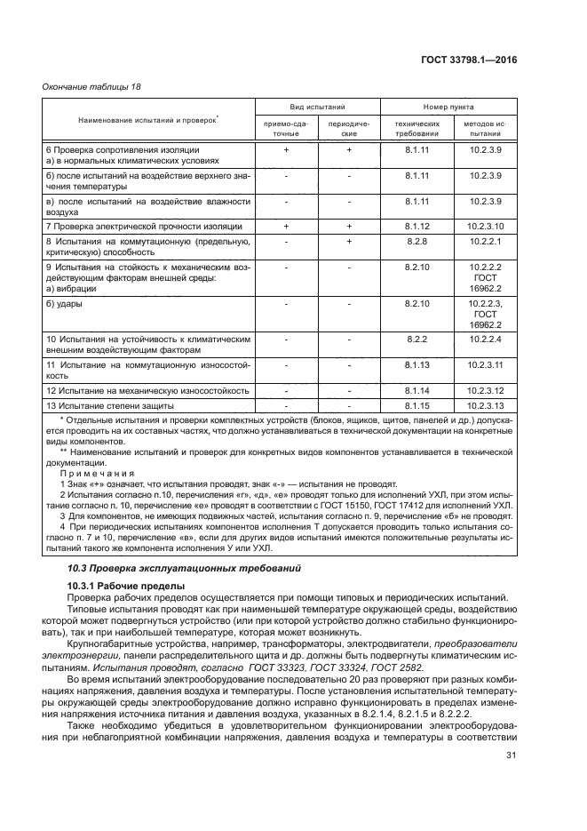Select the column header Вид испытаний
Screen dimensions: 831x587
click(317, 105)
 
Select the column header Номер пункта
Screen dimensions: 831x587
click(449, 105)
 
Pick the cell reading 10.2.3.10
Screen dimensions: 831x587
click(485, 227)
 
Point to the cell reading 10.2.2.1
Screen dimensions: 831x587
click(485, 242)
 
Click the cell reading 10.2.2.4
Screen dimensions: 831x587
click(485, 339)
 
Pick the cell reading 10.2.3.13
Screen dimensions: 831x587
click(485, 405)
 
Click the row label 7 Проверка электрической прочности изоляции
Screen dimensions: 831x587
click(133, 227)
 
